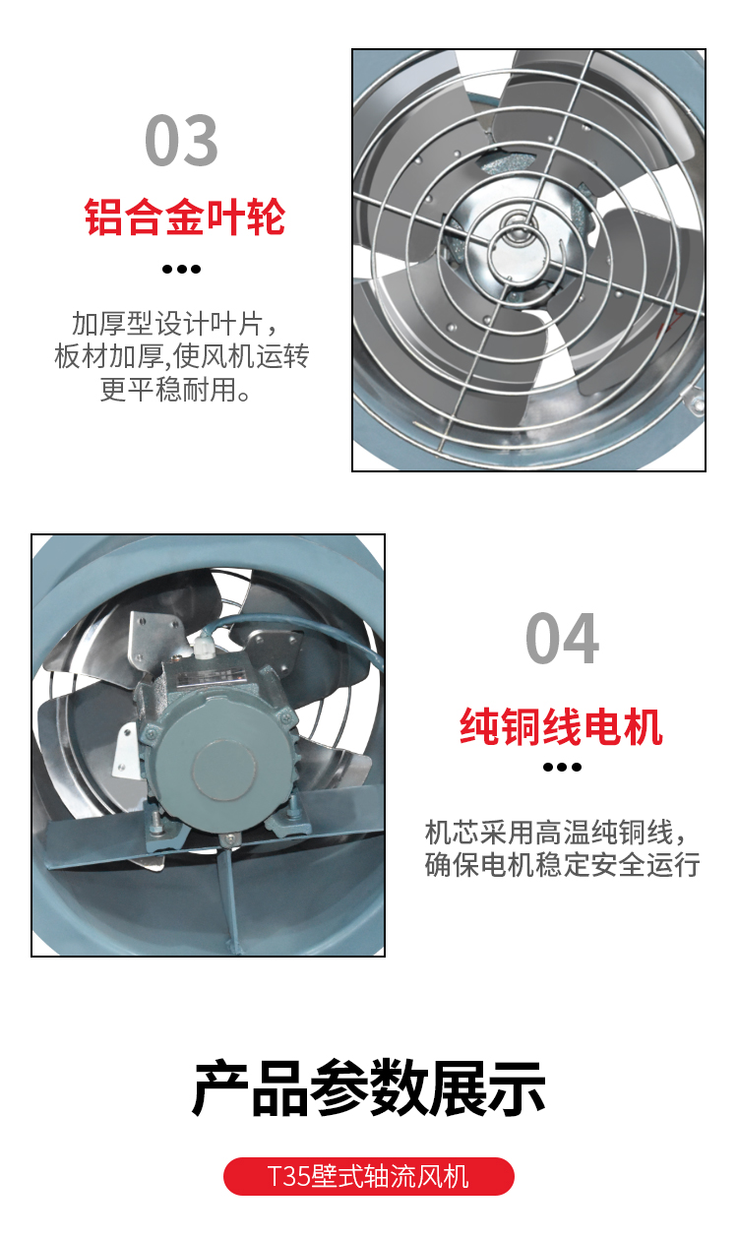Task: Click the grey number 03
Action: click(181, 140)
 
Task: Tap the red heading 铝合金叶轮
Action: click(185, 217)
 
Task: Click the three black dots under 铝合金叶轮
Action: click(181, 270)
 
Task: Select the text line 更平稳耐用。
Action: click(176, 390)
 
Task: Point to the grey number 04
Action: click(562, 638)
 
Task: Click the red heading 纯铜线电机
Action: click(562, 727)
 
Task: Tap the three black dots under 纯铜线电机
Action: click(562, 768)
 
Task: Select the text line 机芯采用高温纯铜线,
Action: click(555, 833)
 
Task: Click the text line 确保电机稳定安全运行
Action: click(562, 865)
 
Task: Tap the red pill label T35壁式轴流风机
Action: click(368, 1176)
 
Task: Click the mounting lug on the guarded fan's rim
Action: click(693, 400)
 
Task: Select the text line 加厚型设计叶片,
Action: click(175, 323)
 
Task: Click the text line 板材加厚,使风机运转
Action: click(181, 356)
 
